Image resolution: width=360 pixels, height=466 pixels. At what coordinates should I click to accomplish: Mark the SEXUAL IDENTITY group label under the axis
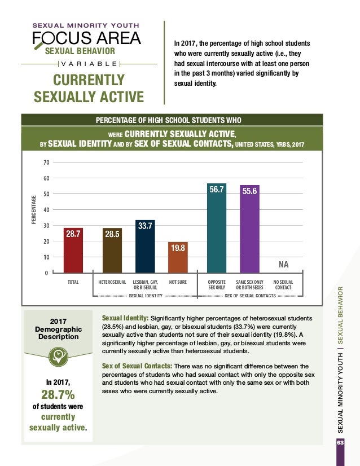click(x=146, y=295)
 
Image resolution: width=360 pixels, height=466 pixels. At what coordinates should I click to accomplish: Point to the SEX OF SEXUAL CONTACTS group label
click(x=250, y=295)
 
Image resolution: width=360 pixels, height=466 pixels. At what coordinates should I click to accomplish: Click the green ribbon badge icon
click(x=58, y=354)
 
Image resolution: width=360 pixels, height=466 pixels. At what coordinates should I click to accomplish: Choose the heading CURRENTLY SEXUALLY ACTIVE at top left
click(x=89, y=88)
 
